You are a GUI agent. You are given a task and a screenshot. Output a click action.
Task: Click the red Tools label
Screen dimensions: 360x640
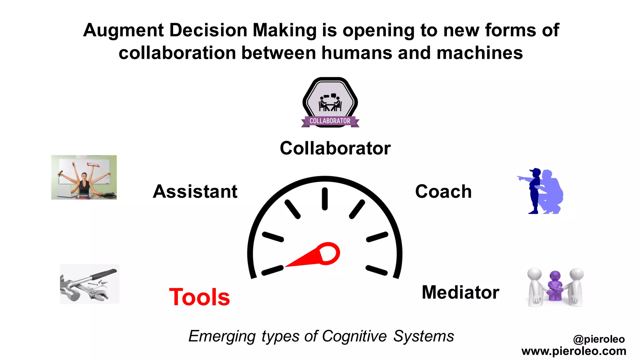(x=199, y=297)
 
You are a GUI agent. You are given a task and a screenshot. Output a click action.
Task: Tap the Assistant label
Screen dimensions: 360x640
(x=195, y=191)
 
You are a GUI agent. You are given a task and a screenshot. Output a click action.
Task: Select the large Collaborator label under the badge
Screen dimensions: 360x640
(x=335, y=148)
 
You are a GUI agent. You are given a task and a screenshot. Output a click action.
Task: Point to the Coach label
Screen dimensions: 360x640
(x=443, y=191)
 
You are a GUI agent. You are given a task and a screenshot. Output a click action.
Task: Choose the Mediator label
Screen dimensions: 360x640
(x=460, y=292)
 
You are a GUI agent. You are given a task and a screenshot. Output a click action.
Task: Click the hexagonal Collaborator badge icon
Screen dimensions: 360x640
(x=330, y=102)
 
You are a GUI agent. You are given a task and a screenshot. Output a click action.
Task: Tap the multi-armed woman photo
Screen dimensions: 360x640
(x=84, y=177)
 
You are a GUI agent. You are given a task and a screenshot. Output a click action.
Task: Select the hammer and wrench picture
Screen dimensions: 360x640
(x=89, y=284)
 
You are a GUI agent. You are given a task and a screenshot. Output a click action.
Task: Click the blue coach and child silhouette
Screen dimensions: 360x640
(x=541, y=191)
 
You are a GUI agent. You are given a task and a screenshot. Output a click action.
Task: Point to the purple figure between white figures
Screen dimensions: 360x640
(x=555, y=286)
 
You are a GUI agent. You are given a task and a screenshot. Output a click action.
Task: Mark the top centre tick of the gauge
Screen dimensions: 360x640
(x=325, y=198)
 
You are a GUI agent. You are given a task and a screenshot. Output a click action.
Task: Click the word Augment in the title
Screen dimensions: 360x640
(x=124, y=31)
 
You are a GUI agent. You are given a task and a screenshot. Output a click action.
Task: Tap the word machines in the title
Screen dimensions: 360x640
(x=479, y=53)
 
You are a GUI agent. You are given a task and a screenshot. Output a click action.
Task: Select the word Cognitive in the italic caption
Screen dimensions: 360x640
(x=354, y=337)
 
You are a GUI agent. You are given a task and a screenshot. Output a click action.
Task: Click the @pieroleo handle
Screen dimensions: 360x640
(x=599, y=339)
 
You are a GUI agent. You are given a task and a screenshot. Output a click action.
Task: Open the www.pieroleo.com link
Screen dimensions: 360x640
(x=574, y=351)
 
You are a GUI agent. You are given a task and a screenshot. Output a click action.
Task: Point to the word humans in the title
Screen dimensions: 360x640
(x=357, y=53)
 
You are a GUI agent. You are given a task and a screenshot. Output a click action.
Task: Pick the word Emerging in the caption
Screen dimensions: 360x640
(x=222, y=337)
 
